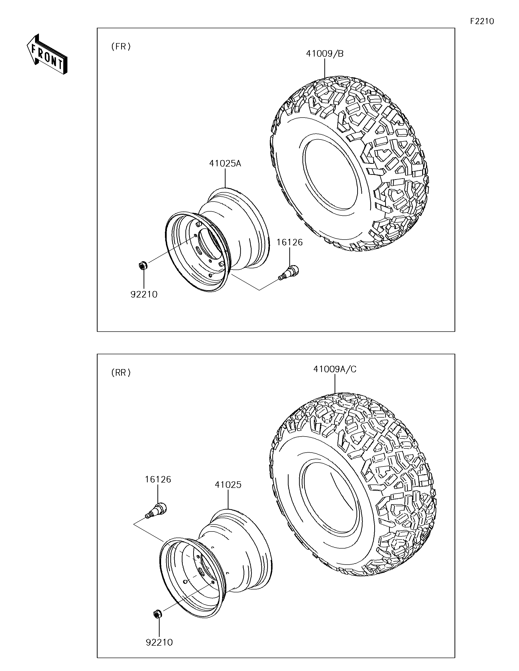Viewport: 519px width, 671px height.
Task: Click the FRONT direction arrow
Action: coord(47,54)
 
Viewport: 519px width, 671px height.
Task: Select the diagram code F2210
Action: coord(482,21)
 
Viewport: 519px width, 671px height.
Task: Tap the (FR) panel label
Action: coord(121,47)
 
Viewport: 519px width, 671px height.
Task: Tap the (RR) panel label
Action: coord(121,373)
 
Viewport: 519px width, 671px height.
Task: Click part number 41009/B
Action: coord(325,54)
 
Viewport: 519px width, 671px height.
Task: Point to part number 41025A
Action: coord(225,163)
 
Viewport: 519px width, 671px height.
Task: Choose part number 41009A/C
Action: coord(335,369)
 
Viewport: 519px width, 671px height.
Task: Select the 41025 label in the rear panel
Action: coord(228,485)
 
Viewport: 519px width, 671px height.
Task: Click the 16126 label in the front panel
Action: coord(290,242)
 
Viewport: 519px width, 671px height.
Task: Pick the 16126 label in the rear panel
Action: coord(158,479)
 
